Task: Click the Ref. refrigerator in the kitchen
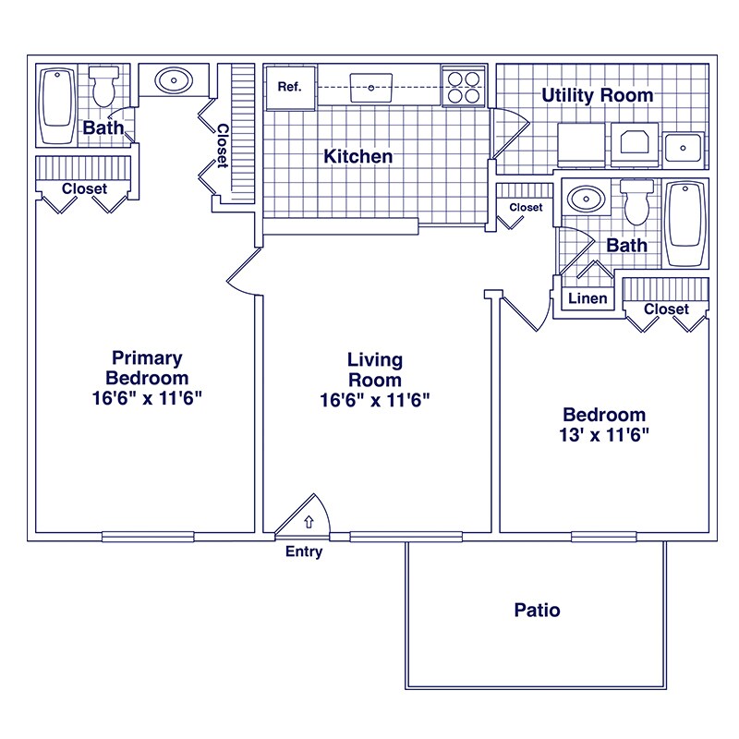coord(290,88)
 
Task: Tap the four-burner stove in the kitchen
coord(464,87)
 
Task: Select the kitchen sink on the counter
coord(371,88)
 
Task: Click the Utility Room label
coord(597,95)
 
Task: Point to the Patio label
coord(537,610)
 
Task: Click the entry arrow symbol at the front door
coord(309,521)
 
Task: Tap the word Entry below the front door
coord(304,551)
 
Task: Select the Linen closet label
coord(588,297)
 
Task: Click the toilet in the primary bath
coord(103,86)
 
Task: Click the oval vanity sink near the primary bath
coord(174,80)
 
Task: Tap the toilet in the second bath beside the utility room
coord(636,202)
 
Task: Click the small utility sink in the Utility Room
coord(683,148)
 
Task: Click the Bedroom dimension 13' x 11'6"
coord(604,434)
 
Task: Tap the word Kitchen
coord(358,156)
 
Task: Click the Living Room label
coord(375,370)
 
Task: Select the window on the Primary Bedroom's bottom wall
coord(148,537)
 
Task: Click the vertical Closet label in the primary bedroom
coord(223,146)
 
